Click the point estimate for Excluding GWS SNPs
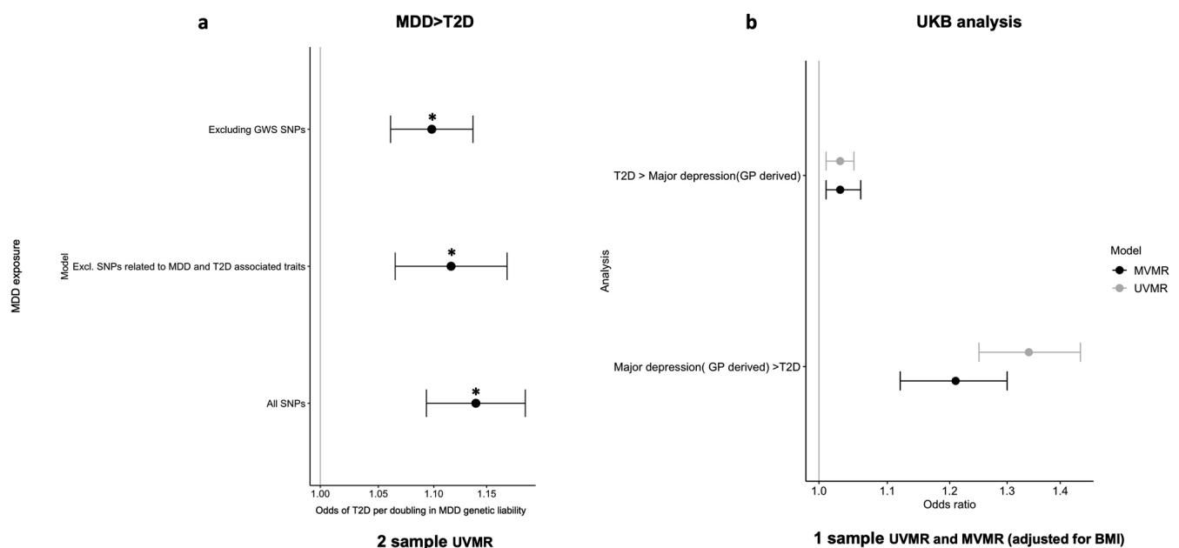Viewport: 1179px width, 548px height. [432, 129]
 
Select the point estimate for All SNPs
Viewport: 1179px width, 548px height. [476, 404]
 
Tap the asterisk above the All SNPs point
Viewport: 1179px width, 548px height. [476, 392]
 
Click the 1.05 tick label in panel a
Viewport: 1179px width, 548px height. [378, 493]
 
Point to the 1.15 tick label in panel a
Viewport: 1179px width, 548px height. [486, 493]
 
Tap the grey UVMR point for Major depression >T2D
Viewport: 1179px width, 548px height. [1028, 352]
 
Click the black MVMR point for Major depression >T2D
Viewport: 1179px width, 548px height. [955, 381]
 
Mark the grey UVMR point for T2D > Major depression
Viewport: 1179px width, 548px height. [840, 161]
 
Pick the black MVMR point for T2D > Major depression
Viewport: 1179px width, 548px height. [840, 190]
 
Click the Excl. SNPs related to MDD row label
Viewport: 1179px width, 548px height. [189, 266]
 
